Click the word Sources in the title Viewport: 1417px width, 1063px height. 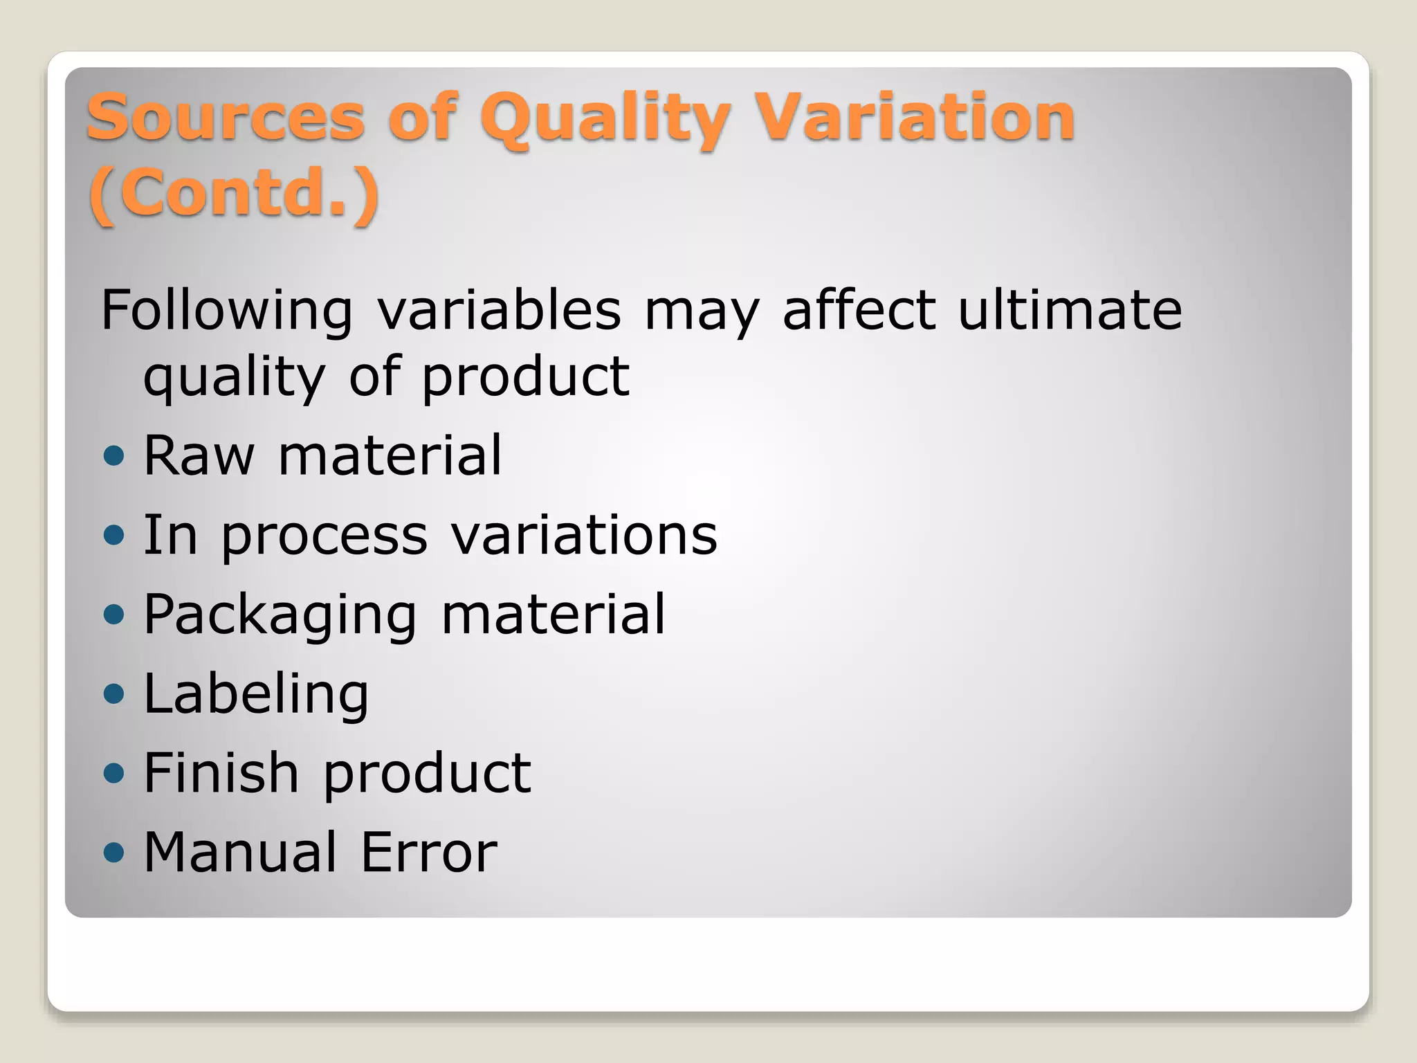(226, 117)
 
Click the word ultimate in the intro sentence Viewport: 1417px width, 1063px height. (1070, 309)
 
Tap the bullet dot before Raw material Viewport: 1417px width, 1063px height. (113, 455)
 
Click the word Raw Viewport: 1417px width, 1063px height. (199, 455)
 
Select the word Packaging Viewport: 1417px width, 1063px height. (280, 616)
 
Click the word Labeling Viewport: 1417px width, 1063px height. (256, 695)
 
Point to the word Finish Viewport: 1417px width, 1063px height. (221, 772)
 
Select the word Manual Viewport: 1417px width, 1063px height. (240, 852)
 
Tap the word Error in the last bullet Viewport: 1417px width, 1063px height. (428, 852)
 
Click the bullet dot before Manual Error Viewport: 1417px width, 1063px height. (113, 852)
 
